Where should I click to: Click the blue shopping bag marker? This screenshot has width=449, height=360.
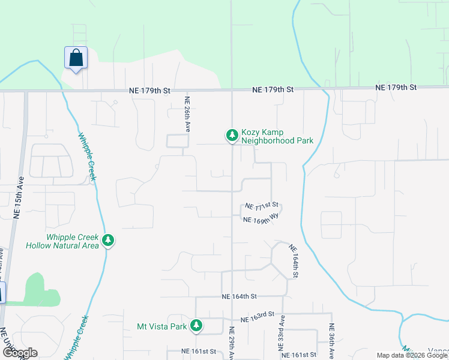tap(76, 58)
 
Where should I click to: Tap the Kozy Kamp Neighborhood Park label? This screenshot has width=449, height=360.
tap(277, 137)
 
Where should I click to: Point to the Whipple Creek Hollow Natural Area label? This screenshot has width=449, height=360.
tap(62, 241)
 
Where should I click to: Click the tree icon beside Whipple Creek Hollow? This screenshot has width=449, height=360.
tap(108, 241)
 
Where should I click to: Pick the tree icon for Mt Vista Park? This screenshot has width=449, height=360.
tap(196, 326)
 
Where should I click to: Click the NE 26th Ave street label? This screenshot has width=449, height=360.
tap(187, 115)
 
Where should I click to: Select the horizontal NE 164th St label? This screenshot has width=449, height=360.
tap(239, 296)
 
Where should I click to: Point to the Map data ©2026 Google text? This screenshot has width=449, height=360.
tap(412, 355)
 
